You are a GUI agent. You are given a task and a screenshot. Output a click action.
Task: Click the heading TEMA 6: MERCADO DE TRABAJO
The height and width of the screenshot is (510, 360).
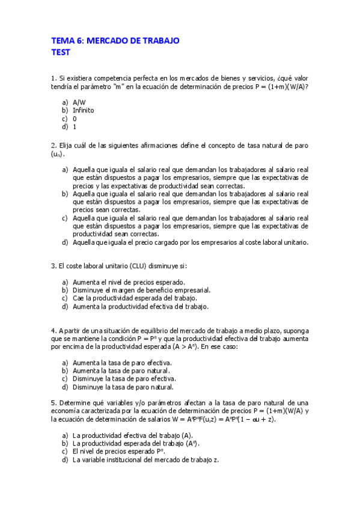click(x=115, y=40)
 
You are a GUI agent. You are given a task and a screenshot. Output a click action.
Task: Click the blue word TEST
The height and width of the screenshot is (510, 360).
click(x=61, y=52)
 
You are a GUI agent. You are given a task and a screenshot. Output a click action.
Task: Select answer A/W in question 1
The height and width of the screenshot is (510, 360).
click(x=79, y=102)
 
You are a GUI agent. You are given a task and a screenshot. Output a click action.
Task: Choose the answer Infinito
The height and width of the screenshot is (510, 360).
click(x=83, y=111)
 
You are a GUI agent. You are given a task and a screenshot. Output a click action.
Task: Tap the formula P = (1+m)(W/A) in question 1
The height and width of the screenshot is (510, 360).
click(x=273, y=87)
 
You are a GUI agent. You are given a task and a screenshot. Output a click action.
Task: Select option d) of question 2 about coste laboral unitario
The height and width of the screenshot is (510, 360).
click(x=191, y=242)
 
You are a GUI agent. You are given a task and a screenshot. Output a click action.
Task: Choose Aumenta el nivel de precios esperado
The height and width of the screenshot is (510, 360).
click(x=128, y=282)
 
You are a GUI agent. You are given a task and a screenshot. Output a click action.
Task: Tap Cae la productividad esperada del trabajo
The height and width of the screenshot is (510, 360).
click(x=135, y=298)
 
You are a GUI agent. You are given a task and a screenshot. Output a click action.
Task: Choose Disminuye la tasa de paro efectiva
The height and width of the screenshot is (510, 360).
click(x=124, y=379)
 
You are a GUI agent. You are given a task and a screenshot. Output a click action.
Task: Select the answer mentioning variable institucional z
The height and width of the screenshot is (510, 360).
click(x=146, y=460)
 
